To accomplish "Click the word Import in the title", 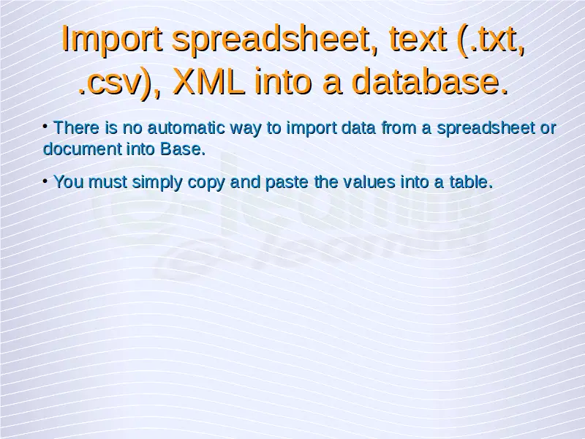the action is click(x=112, y=39).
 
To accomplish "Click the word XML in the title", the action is click(x=208, y=80).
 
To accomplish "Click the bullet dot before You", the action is click(x=45, y=181).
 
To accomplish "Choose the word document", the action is click(x=82, y=149).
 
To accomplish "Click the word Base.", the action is click(x=183, y=149).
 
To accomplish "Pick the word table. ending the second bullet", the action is click(x=471, y=181).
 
